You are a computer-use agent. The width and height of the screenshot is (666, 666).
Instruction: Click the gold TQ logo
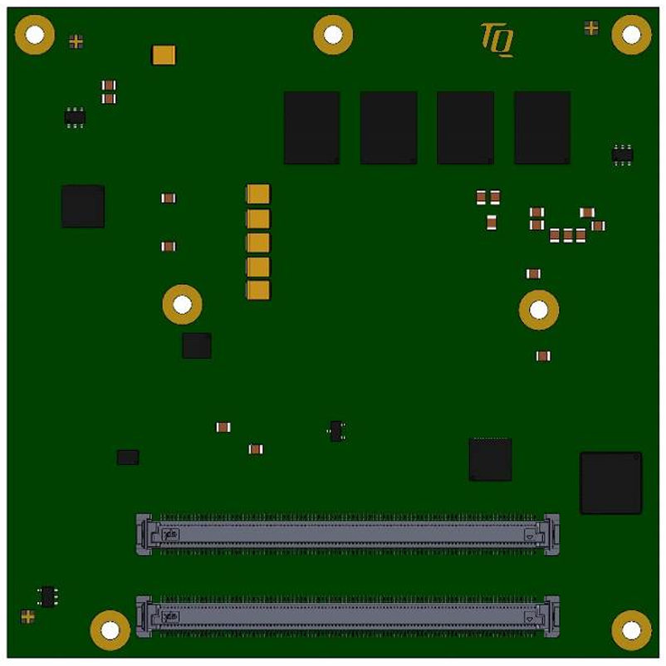[x=497, y=40]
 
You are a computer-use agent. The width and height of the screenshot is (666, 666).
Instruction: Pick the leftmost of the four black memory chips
[x=311, y=127]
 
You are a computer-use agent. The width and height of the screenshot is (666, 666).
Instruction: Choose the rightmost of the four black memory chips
[x=542, y=127]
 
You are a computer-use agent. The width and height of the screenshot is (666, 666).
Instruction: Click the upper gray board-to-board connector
[x=347, y=534]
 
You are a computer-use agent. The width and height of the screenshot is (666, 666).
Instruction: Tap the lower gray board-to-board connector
[x=347, y=616]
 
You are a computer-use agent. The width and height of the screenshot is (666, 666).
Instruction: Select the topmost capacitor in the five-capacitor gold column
[x=257, y=194]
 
